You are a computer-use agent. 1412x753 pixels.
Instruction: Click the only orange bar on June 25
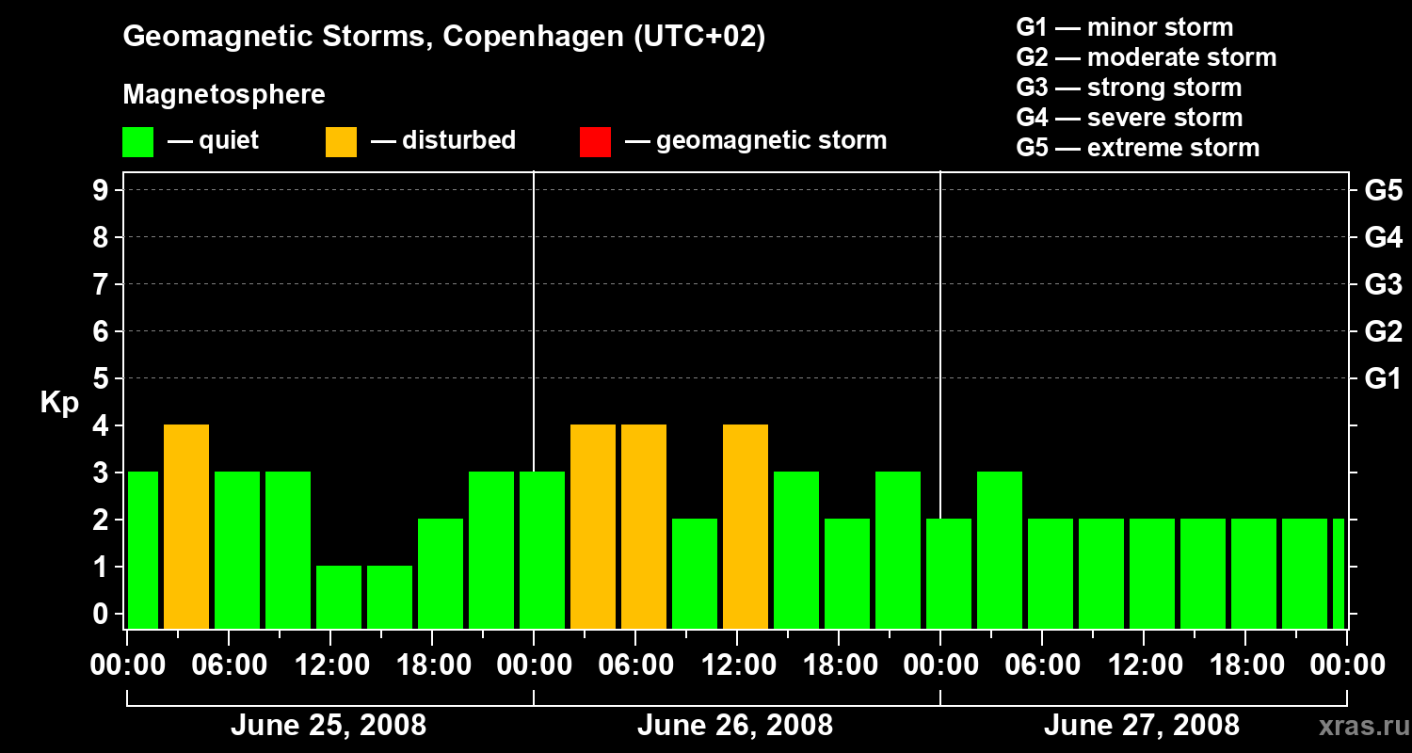click(x=186, y=526)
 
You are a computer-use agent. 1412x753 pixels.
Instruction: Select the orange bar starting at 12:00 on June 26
click(x=746, y=526)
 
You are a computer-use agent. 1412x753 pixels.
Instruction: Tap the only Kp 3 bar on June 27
click(x=1000, y=550)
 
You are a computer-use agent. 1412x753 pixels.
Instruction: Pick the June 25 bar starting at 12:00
click(x=339, y=597)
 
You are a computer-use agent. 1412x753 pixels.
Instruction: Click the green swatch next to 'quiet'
click(x=138, y=142)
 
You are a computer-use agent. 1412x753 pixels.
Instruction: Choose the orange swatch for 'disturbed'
click(x=341, y=142)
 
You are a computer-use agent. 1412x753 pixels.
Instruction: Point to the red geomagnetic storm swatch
click(x=595, y=142)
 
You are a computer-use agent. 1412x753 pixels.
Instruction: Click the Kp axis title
click(x=59, y=403)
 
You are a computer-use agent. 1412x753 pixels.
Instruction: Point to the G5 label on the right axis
click(x=1383, y=191)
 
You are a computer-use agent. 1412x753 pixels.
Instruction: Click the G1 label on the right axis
click(x=1383, y=379)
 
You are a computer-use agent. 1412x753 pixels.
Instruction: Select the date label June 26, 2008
click(x=734, y=726)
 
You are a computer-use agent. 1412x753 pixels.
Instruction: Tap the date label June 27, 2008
click(x=1141, y=726)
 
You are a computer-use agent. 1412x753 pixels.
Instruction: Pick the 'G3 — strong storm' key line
click(x=1129, y=88)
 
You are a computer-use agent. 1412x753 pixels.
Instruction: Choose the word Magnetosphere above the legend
click(x=224, y=95)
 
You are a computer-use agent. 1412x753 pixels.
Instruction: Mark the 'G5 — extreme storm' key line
click(x=1137, y=148)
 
